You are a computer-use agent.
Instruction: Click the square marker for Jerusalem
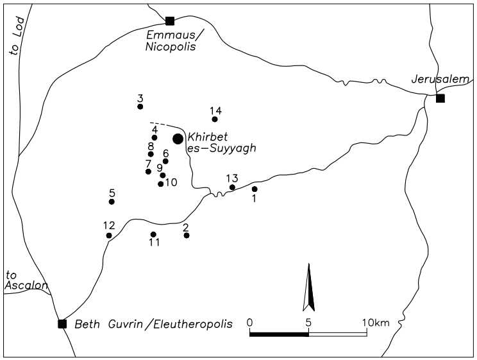coord(440,98)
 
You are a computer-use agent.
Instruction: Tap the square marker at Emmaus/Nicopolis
coord(170,21)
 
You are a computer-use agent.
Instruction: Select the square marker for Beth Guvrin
coord(62,324)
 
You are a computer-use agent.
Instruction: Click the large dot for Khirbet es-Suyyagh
coord(178,139)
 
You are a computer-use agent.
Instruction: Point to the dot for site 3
coord(140,107)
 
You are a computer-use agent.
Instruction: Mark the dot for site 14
coord(215,119)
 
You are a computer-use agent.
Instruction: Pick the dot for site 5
coord(112,201)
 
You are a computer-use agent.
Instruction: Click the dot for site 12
coord(109,236)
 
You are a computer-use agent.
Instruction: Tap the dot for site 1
coord(255,189)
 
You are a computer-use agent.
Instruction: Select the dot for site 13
coord(233,187)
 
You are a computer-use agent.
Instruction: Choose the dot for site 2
coord(187,236)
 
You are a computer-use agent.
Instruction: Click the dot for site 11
coord(153,234)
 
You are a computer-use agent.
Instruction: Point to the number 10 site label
coord(171,182)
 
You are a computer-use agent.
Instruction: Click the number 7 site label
coord(148,164)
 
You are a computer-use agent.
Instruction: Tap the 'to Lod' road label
coord(16,36)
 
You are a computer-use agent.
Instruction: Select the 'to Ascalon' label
coord(27,280)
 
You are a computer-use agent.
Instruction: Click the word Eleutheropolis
coord(192,324)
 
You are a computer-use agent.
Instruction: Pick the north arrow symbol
coord(309,287)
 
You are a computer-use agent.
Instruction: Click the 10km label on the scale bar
coord(376,322)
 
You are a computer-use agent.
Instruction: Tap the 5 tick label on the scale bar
coord(308,322)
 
